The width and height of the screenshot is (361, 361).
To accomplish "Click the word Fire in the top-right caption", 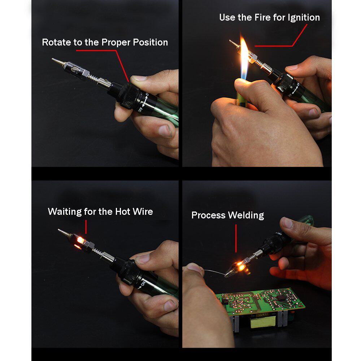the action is [262, 17].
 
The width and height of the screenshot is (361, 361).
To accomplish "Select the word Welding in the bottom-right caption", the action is [246, 216].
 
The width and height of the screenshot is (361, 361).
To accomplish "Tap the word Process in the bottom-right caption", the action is [208, 215].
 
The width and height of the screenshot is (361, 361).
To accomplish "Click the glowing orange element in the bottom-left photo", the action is [80, 240].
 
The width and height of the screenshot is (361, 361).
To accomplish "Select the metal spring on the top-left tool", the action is [93, 78].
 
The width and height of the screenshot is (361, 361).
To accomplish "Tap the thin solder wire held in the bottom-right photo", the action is [214, 272].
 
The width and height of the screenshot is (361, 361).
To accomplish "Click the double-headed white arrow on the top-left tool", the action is [145, 101].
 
